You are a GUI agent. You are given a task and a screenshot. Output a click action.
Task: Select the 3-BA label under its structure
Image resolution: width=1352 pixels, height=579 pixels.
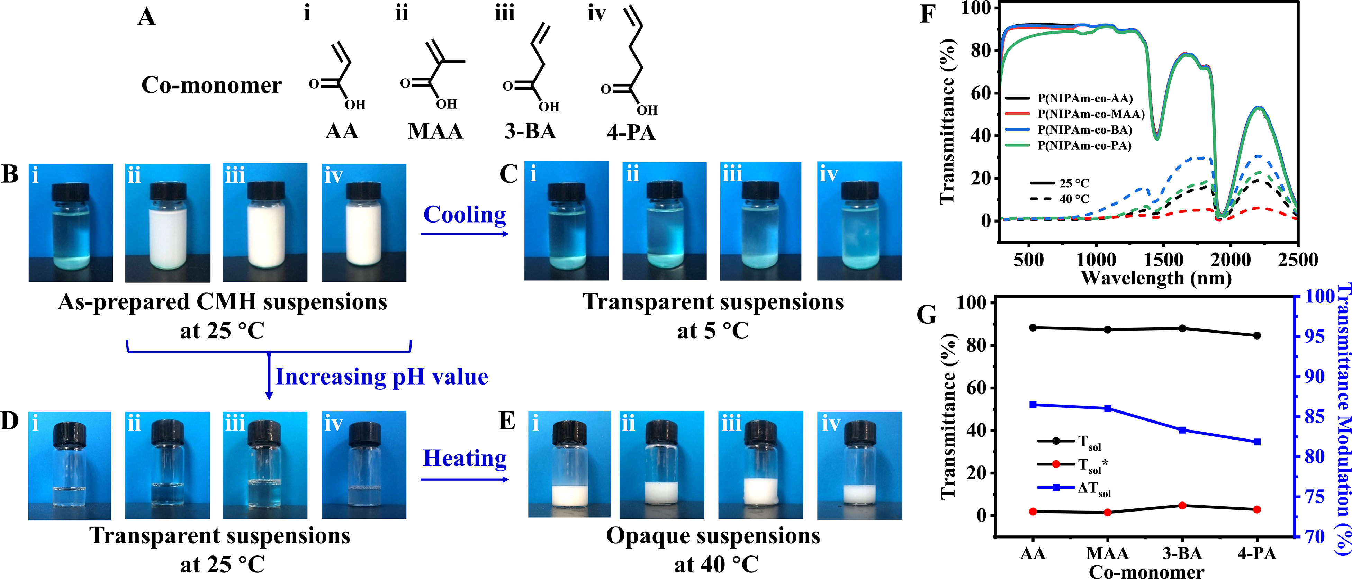pos(530,131)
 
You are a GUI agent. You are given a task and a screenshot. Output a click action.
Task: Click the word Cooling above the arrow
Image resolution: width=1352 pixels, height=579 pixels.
pos(465,215)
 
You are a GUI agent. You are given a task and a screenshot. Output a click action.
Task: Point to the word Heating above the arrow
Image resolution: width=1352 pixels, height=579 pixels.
pos(465,458)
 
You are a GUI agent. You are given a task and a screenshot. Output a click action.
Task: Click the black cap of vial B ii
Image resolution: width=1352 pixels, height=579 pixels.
pos(168,191)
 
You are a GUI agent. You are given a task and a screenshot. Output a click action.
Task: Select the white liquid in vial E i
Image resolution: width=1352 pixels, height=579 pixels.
pos(569,495)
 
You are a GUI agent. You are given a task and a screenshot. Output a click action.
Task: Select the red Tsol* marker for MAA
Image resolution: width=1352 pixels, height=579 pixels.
pos(1108,512)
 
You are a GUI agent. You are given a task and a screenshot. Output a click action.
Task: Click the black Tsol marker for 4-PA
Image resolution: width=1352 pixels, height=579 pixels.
pos(1257,335)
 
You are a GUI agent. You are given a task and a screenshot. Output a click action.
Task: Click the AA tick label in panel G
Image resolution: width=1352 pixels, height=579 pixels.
pos(1033,553)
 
